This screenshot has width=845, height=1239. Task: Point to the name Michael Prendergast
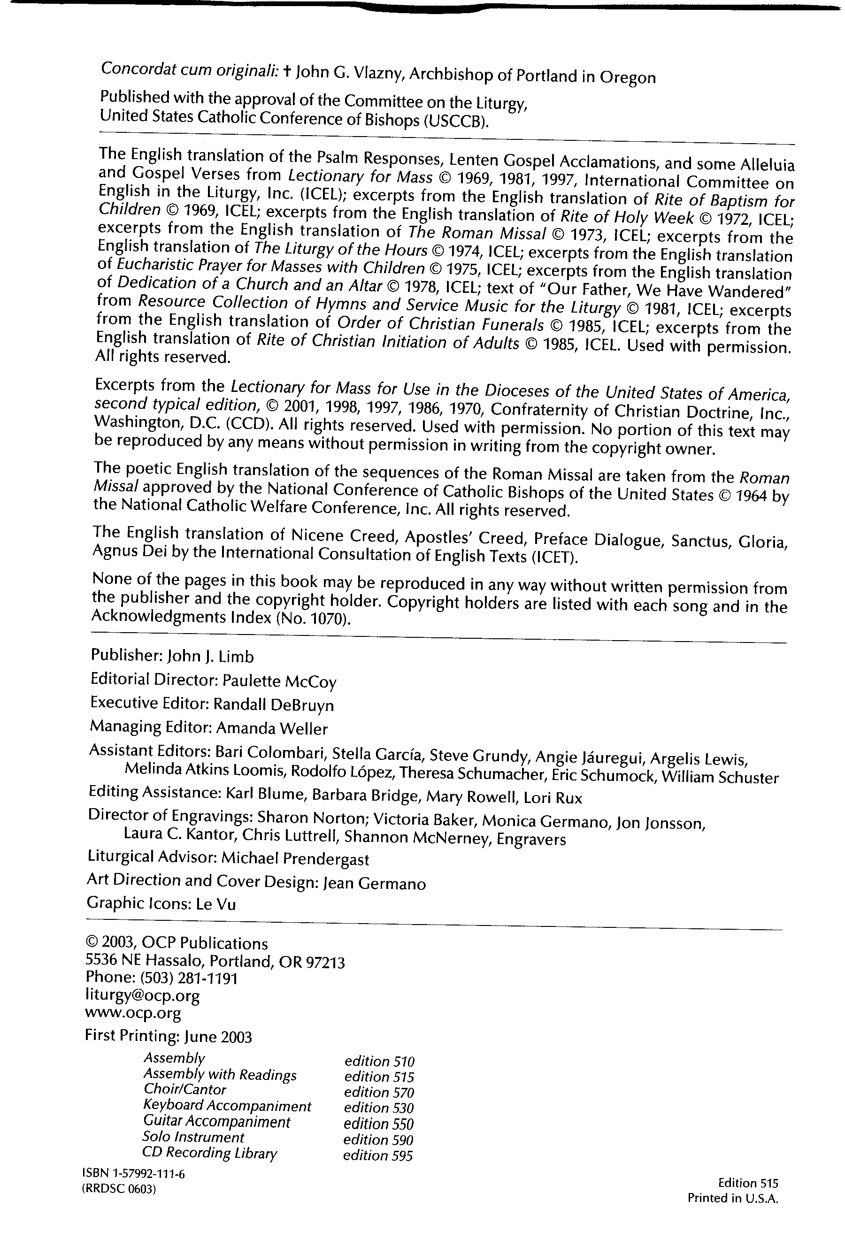(x=295, y=858)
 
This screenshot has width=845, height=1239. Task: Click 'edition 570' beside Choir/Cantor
(x=379, y=1093)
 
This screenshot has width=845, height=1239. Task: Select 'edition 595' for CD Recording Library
(x=378, y=1155)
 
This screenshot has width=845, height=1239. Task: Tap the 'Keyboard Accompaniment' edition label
(x=227, y=1106)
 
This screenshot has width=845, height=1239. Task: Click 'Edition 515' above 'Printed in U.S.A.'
(x=748, y=1183)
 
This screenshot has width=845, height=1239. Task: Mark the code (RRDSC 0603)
(x=119, y=1189)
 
